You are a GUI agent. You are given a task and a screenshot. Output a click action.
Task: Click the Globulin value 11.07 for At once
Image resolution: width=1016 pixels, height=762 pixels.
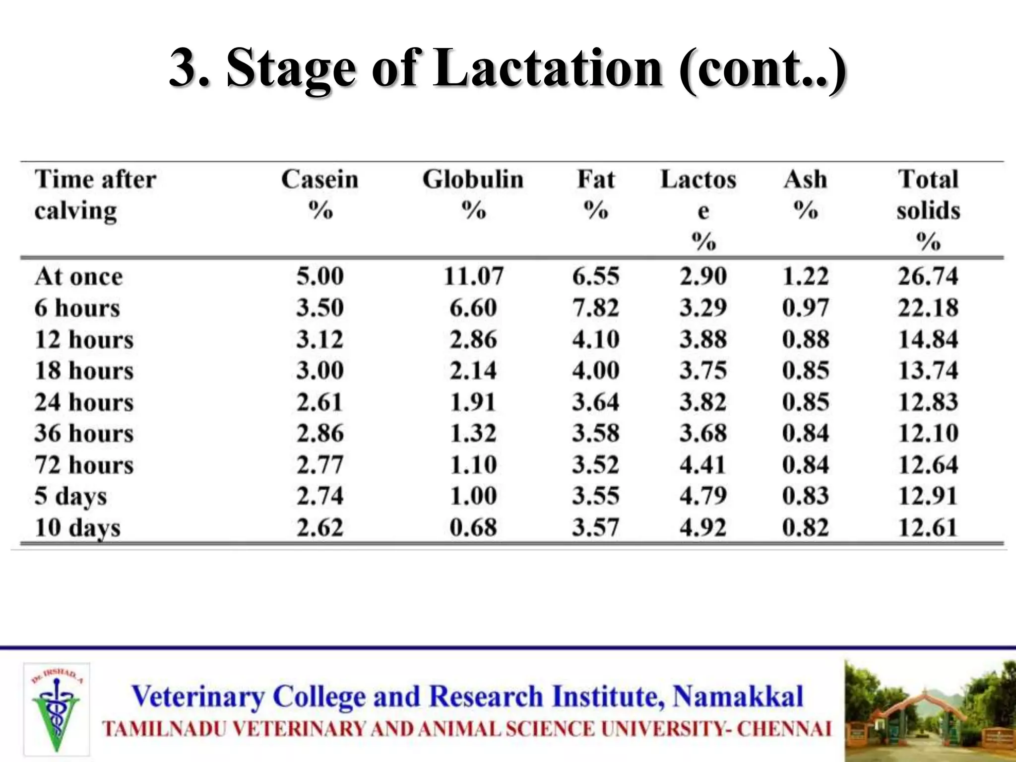(x=473, y=276)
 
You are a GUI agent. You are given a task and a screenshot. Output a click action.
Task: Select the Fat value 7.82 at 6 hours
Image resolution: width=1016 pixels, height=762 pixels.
(x=595, y=308)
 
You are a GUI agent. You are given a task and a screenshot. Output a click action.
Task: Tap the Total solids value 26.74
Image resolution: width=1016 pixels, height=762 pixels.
(x=928, y=276)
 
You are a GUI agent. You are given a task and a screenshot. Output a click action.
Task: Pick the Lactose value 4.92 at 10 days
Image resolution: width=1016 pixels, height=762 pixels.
(x=703, y=527)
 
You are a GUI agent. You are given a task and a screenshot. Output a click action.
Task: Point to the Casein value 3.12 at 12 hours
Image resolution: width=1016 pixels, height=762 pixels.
(x=320, y=340)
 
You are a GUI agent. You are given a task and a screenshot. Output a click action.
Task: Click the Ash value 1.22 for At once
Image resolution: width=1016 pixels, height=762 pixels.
(x=805, y=276)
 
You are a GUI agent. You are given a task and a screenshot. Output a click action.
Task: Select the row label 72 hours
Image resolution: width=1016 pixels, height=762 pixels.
(x=84, y=465)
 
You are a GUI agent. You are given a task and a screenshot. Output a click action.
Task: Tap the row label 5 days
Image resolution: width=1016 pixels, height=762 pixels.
(x=70, y=497)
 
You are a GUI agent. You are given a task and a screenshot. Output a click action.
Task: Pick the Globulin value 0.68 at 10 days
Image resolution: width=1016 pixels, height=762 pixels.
(x=473, y=527)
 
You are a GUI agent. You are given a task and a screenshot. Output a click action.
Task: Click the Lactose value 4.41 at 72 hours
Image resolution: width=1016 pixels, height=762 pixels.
(x=703, y=465)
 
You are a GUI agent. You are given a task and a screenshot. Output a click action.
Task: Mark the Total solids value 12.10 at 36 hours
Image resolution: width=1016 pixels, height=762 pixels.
(x=928, y=434)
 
